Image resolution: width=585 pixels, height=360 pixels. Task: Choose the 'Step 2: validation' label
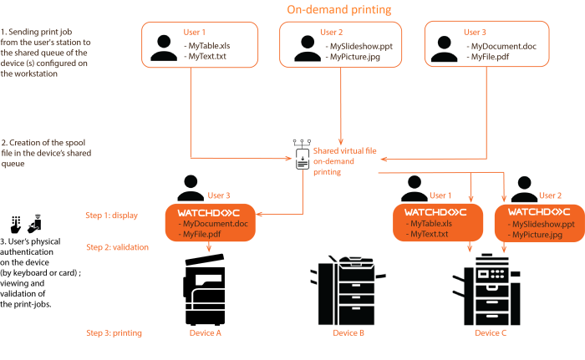click(x=117, y=247)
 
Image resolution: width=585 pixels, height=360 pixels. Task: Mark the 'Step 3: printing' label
click(x=114, y=333)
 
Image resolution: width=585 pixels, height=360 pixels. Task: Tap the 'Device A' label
click(x=206, y=333)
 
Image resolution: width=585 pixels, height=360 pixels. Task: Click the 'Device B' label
click(x=348, y=333)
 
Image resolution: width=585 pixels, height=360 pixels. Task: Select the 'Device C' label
click(x=491, y=333)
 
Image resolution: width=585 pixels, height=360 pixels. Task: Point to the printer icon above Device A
click(x=206, y=290)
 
